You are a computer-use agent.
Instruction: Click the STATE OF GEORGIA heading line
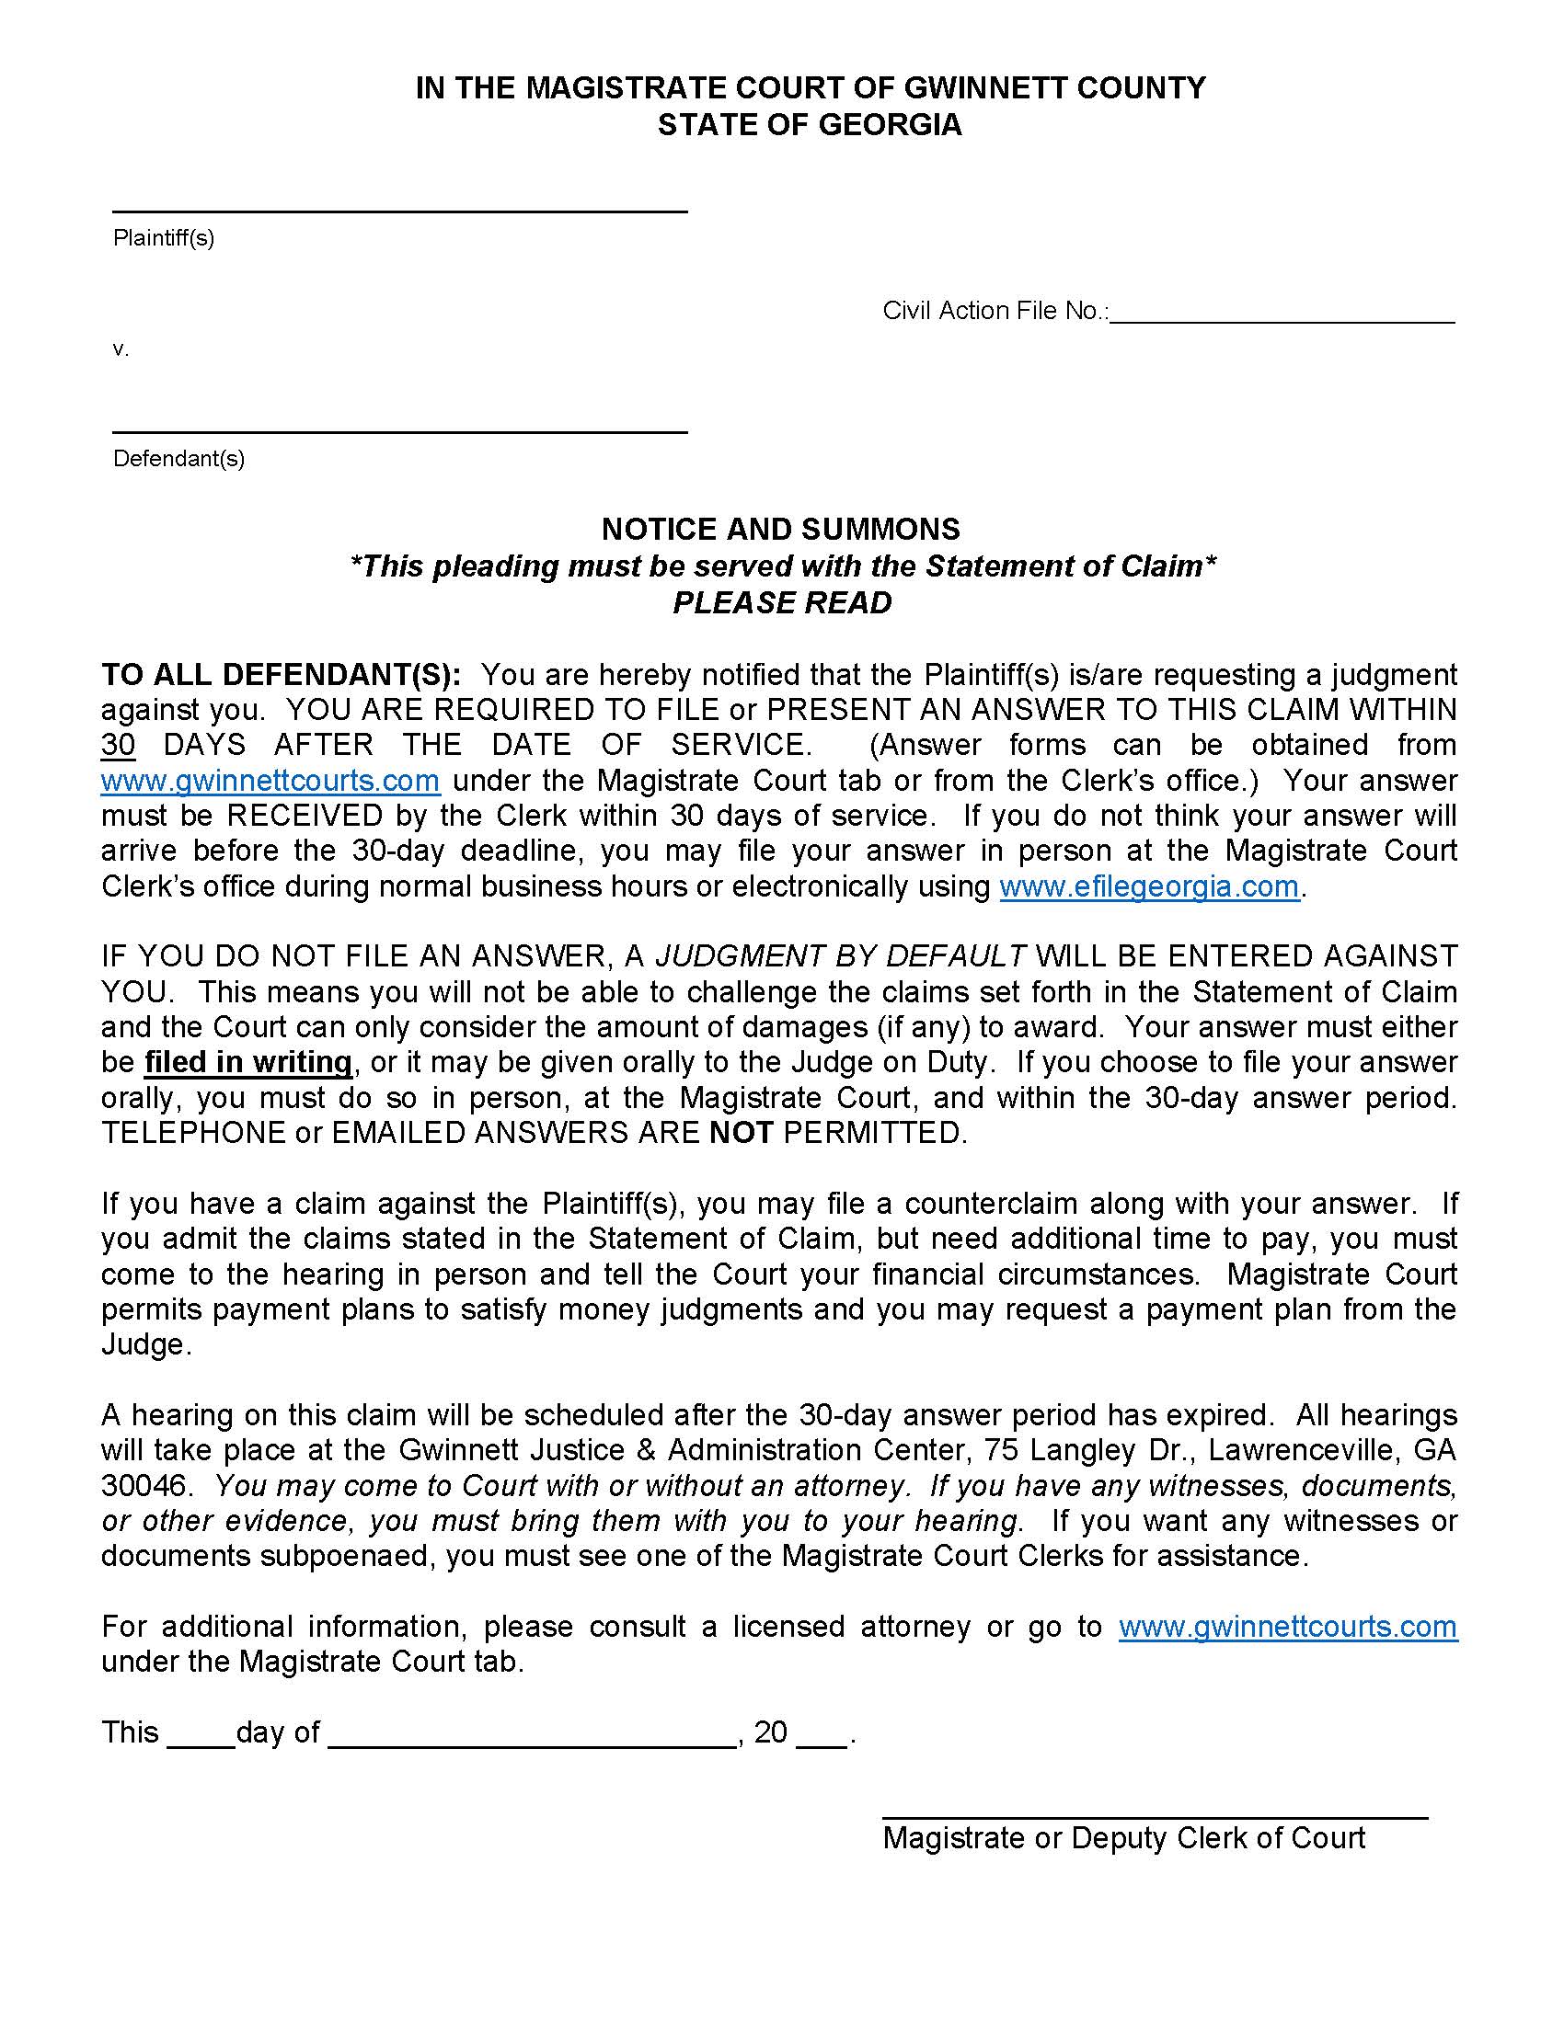[x=810, y=125]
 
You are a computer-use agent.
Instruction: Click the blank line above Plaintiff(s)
[x=399, y=210]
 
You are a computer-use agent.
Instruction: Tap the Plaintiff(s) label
[x=164, y=238]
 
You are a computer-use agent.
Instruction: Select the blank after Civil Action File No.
[x=1282, y=314]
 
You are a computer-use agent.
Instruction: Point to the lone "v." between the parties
[x=121, y=349]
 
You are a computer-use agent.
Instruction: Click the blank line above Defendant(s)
[x=399, y=429]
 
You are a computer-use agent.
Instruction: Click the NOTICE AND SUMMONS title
[x=781, y=529]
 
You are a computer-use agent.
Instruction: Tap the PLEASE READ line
[x=781, y=603]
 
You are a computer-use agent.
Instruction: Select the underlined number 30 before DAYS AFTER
[x=119, y=745]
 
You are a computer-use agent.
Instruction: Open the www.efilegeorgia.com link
[x=1149, y=886]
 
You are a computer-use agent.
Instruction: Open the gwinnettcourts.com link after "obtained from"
[x=270, y=781]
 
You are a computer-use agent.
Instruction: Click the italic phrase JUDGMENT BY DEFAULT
[x=840, y=956]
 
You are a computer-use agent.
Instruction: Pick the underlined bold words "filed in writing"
[x=248, y=1061]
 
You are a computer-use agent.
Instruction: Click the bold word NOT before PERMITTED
[x=741, y=1132]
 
